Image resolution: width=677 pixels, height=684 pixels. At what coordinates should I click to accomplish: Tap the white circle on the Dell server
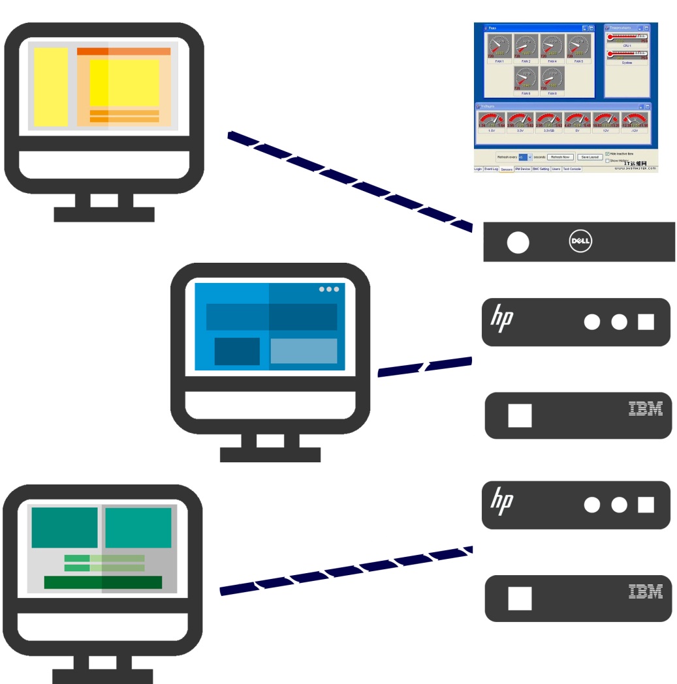tap(518, 243)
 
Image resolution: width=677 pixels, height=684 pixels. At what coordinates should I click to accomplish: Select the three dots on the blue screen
tap(328, 289)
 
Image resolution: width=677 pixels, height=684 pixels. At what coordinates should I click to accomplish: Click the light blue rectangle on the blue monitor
tap(304, 351)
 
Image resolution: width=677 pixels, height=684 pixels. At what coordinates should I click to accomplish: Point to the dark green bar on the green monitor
tap(102, 582)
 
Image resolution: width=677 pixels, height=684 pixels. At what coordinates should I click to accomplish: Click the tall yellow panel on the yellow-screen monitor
tap(51, 87)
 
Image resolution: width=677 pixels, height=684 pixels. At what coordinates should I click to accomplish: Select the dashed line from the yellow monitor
tap(349, 181)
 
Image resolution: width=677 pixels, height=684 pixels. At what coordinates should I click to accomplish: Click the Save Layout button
tap(590, 157)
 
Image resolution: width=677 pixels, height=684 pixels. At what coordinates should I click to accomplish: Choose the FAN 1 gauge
tap(499, 46)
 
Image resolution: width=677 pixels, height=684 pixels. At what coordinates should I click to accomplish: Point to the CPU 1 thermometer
tap(627, 37)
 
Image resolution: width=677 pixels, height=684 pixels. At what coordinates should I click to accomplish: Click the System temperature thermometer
tap(627, 54)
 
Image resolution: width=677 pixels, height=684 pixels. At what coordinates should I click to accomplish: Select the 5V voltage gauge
tap(577, 121)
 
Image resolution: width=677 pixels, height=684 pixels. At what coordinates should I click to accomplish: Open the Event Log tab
tap(491, 169)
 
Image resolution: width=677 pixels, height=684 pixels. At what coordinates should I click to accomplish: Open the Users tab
tap(556, 169)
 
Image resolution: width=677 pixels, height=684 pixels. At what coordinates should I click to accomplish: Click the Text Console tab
tap(572, 169)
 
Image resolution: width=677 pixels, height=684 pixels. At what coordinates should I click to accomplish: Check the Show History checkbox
tap(608, 160)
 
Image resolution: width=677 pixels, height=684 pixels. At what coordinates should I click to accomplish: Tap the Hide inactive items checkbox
tap(608, 154)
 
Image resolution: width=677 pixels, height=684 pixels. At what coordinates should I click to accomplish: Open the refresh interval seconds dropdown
tap(529, 157)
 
